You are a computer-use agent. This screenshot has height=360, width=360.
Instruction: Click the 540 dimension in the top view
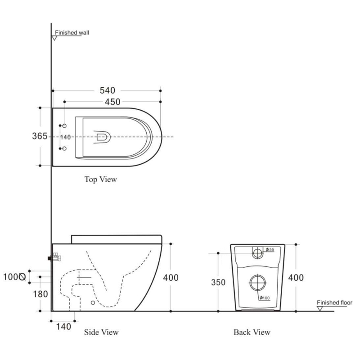tap(107, 90)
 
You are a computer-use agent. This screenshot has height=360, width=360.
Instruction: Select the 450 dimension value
tap(112, 102)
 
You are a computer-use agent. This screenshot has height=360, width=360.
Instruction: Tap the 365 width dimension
tap(40, 136)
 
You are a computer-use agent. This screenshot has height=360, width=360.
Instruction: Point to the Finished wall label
tap(72, 32)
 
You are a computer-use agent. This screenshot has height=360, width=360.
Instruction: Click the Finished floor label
tap(334, 302)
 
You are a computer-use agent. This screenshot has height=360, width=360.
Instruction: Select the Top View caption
tap(101, 179)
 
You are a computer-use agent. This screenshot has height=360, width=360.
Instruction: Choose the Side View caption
tap(101, 332)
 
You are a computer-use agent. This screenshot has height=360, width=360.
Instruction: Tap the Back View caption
tap(252, 332)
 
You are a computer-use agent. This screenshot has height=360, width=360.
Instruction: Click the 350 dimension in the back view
tap(218, 283)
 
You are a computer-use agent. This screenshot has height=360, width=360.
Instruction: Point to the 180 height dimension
tap(40, 294)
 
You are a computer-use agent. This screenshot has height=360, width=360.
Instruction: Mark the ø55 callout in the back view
tap(270, 250)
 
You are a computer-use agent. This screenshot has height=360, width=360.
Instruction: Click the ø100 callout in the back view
tap(265, 298)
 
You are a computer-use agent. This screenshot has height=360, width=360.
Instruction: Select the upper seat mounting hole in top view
tap(64, 126)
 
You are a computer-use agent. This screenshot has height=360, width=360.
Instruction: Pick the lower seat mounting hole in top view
tap(64, 148)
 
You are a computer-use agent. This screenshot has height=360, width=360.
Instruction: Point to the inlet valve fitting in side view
tap(54, 257)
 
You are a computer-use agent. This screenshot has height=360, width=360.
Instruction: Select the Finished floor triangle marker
tap(320, 309)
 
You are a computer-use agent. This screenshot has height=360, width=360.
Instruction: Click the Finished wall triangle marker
tap(54, 38)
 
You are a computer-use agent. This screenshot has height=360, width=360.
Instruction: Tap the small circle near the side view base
tap(93, 302)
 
